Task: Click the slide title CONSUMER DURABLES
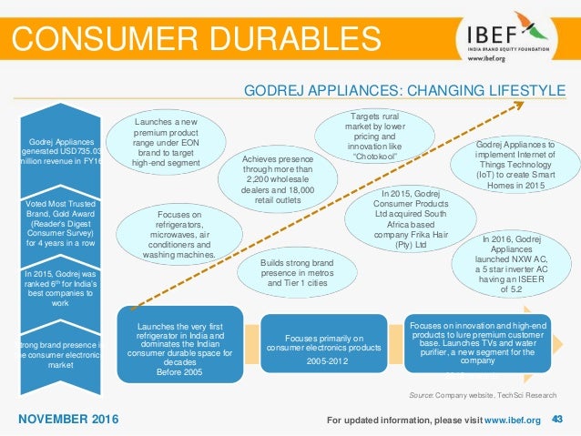click(196, 38)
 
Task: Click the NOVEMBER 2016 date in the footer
click(69, 419)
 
